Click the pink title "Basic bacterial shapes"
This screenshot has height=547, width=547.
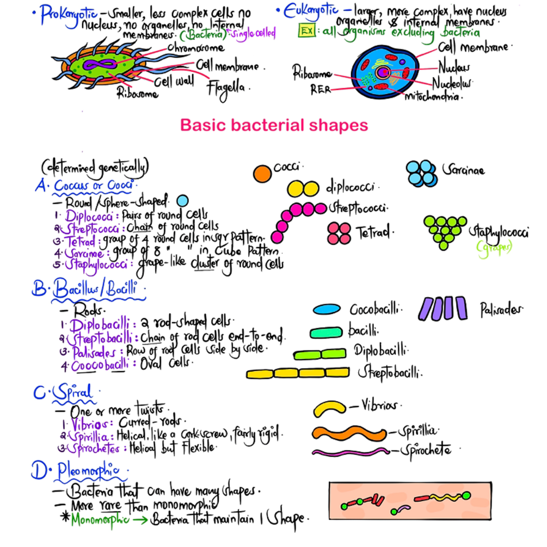[274, 126]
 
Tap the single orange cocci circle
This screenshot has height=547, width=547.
[262, 173]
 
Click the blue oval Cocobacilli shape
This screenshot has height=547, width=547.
[327, 309]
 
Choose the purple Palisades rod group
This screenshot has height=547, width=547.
[443, 309]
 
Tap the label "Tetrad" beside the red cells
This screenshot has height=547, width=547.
[373, 233]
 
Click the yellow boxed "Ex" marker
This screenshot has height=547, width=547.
[306, 32]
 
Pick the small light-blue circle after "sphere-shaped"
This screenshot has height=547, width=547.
[182, 201]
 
